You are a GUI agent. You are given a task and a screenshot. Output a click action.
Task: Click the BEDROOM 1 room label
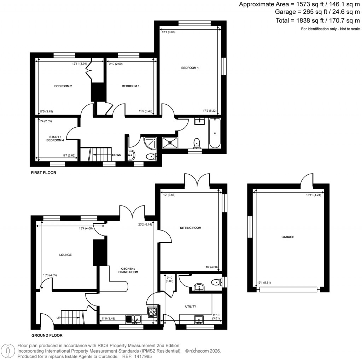point(190,68)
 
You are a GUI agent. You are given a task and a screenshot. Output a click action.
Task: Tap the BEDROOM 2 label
point(63,86)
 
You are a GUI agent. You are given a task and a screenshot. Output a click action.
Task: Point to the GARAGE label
point(288,237)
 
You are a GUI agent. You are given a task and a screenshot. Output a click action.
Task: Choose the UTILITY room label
point(190,306)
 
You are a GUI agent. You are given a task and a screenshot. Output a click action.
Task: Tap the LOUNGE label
point(65,255)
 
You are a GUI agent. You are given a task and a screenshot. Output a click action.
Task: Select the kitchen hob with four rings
point(152,312)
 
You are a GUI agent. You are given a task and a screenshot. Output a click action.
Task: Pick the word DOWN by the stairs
point(117,155)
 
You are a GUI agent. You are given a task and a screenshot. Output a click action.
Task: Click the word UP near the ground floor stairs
point(58,318)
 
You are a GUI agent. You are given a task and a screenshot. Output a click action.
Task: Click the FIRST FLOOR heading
point(43,173)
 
